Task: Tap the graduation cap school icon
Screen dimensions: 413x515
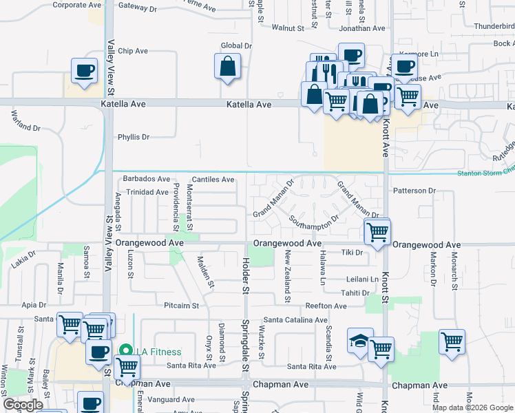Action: point(359,341)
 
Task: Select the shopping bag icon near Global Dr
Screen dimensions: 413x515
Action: point(227,67)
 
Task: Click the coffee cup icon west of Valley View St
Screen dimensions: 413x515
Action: point(85,71)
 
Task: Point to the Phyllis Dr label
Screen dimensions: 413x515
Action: point(134,137)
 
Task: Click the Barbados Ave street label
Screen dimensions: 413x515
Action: point(146,179)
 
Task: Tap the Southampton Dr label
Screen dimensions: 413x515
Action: point(314,222)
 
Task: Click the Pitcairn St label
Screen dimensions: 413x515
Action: point(181,305)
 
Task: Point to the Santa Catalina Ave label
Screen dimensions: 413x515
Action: point(295,320)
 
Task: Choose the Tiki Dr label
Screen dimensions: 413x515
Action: point(352,253)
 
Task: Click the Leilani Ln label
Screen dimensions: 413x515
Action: point(362,279)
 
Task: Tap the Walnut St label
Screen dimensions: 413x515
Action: point(287,28)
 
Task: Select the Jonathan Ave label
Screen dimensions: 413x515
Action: point(361,28)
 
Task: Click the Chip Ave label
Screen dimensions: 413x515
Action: point(133,51)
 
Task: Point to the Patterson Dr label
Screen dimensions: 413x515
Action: point(414,191)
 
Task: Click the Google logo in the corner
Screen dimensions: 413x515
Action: point(23,405)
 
